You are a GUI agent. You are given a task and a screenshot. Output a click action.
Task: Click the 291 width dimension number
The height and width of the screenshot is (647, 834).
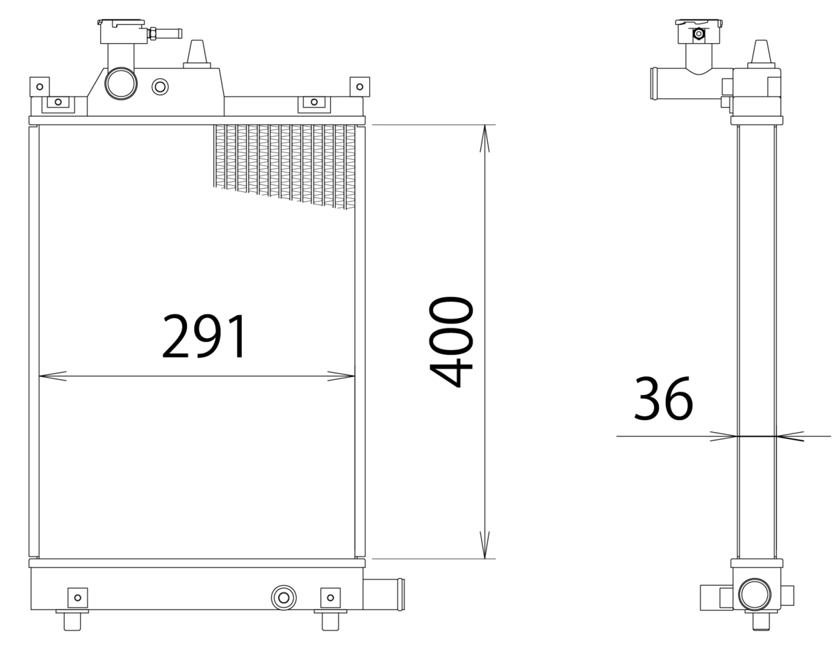pyautogui.click(x=204, y=336)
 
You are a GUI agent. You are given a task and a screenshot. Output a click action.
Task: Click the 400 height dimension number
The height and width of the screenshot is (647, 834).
pyautogui.click(x=451, y=342)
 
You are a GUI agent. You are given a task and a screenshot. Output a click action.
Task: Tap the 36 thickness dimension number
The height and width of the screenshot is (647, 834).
pyautogui.click(x=663, y=399)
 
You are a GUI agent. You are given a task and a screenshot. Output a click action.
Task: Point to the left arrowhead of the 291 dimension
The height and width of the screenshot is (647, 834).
pyautogui.click(x=53, y=376)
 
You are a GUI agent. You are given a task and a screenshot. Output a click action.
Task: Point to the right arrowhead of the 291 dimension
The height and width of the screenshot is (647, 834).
pyautogui.click(x=341, y=376)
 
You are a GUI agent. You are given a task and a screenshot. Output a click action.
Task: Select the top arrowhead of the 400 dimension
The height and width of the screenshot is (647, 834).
pyautogui.click(x=484, y=138)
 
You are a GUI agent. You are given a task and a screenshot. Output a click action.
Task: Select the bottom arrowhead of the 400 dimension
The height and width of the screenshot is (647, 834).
pyautogui.click(x=484, y=545)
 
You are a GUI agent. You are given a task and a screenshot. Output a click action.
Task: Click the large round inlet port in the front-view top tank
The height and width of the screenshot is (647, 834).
pyautogui.click(x=121, y=83)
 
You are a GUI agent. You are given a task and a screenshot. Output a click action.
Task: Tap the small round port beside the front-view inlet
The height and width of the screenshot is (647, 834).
pyautogui.click(x=160, y=87)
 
